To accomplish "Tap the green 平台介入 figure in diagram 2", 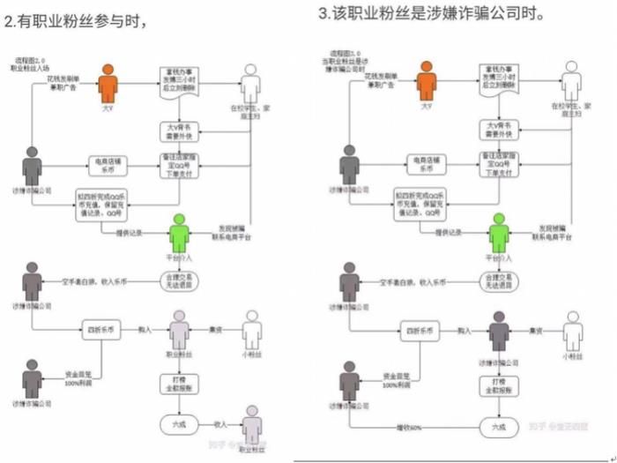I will [180, 233].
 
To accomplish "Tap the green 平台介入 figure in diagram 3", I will [499, 233].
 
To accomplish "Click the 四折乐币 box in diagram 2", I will [102, 331].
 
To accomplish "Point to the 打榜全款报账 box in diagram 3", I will [499, 385].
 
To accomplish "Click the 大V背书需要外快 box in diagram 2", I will [180, 130].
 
